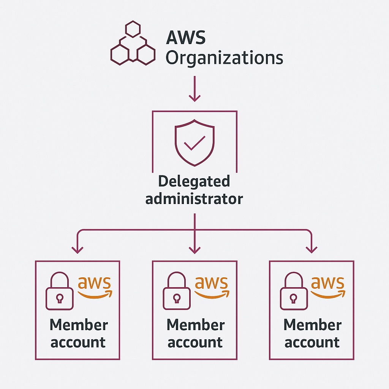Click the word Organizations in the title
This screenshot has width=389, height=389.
pos(225,58)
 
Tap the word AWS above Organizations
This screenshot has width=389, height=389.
pos(186,38)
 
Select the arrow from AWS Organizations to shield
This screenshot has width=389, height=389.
pos(194,89)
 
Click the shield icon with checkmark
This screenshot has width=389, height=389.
pos(194,143)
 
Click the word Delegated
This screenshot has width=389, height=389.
pos(194,182)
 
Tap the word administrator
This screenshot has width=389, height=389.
pos(194,199)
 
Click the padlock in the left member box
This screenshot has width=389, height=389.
pos(59,292)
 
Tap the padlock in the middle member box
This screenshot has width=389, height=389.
pos(176,292)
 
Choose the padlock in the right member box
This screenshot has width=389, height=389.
pos(293,292)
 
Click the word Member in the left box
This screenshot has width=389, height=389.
pos(79,325)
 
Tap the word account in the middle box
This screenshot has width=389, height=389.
pos(195,342)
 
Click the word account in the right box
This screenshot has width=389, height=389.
pos(312,342)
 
